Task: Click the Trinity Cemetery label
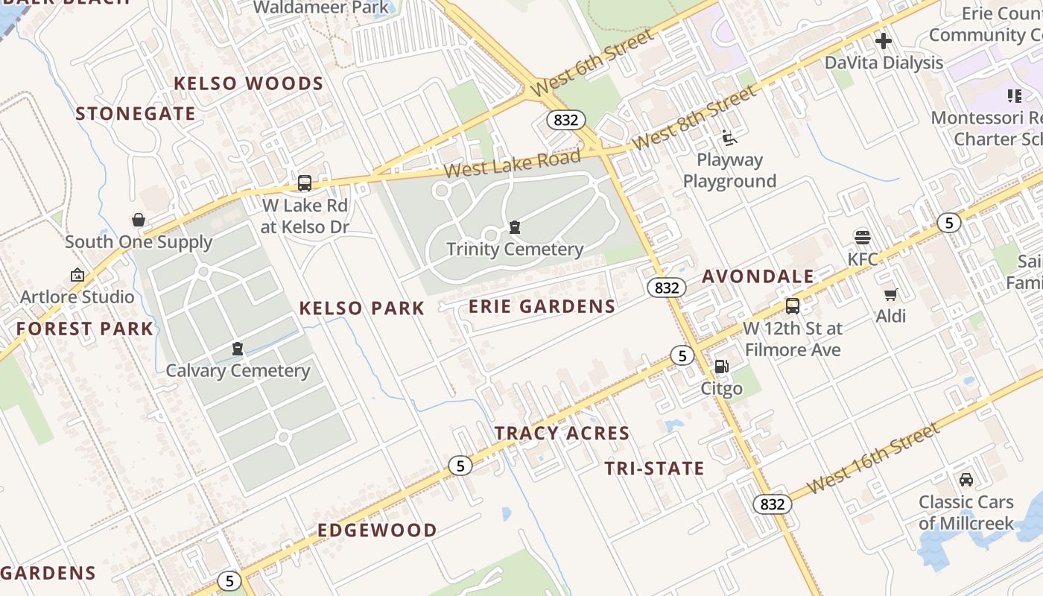click(x=514, y=249)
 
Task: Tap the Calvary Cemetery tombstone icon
click(x=238, y=349)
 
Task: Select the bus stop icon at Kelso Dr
click(x=305, y=183)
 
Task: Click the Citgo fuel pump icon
click(x=721, y=367)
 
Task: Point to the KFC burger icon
click(x=863, y=238)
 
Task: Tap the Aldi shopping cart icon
click(x=890, y=294)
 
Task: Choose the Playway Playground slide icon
click(x=729, y=138)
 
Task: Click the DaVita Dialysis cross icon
click(x=884, y=41)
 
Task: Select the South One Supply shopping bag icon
click(x=139, y=220)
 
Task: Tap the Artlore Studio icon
click(x=77, y=275)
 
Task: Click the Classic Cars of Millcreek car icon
click(x=966, y=480)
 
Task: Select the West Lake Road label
click(x=512, y=163)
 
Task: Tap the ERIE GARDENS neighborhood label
click(x=542, y=306)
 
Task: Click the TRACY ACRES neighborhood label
click(x=562, y=433)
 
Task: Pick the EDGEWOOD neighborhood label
click(x=377, y=530)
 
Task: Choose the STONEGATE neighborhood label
click(x=136, y=114)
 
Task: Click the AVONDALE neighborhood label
click(x=758, y=276)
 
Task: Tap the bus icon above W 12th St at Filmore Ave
click(x=793, y=306)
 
